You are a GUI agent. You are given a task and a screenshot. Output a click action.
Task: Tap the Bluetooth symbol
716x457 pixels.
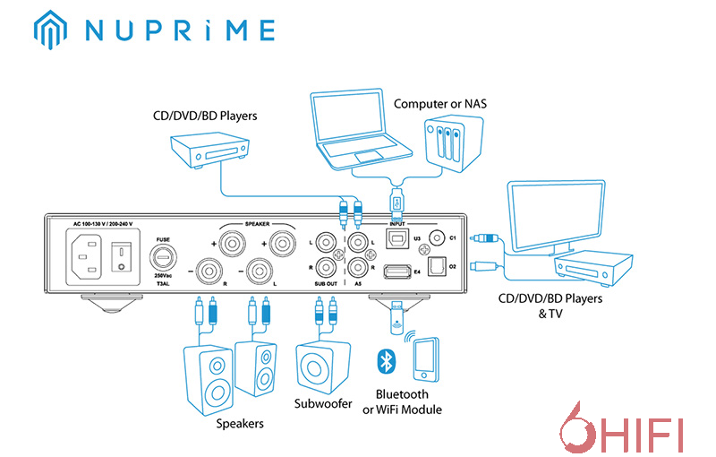384,360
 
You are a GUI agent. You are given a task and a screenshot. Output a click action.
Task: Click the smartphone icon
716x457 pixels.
426,358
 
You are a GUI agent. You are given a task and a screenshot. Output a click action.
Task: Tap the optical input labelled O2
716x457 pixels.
438,267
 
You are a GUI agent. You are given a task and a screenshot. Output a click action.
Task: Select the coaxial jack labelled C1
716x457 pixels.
438,237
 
